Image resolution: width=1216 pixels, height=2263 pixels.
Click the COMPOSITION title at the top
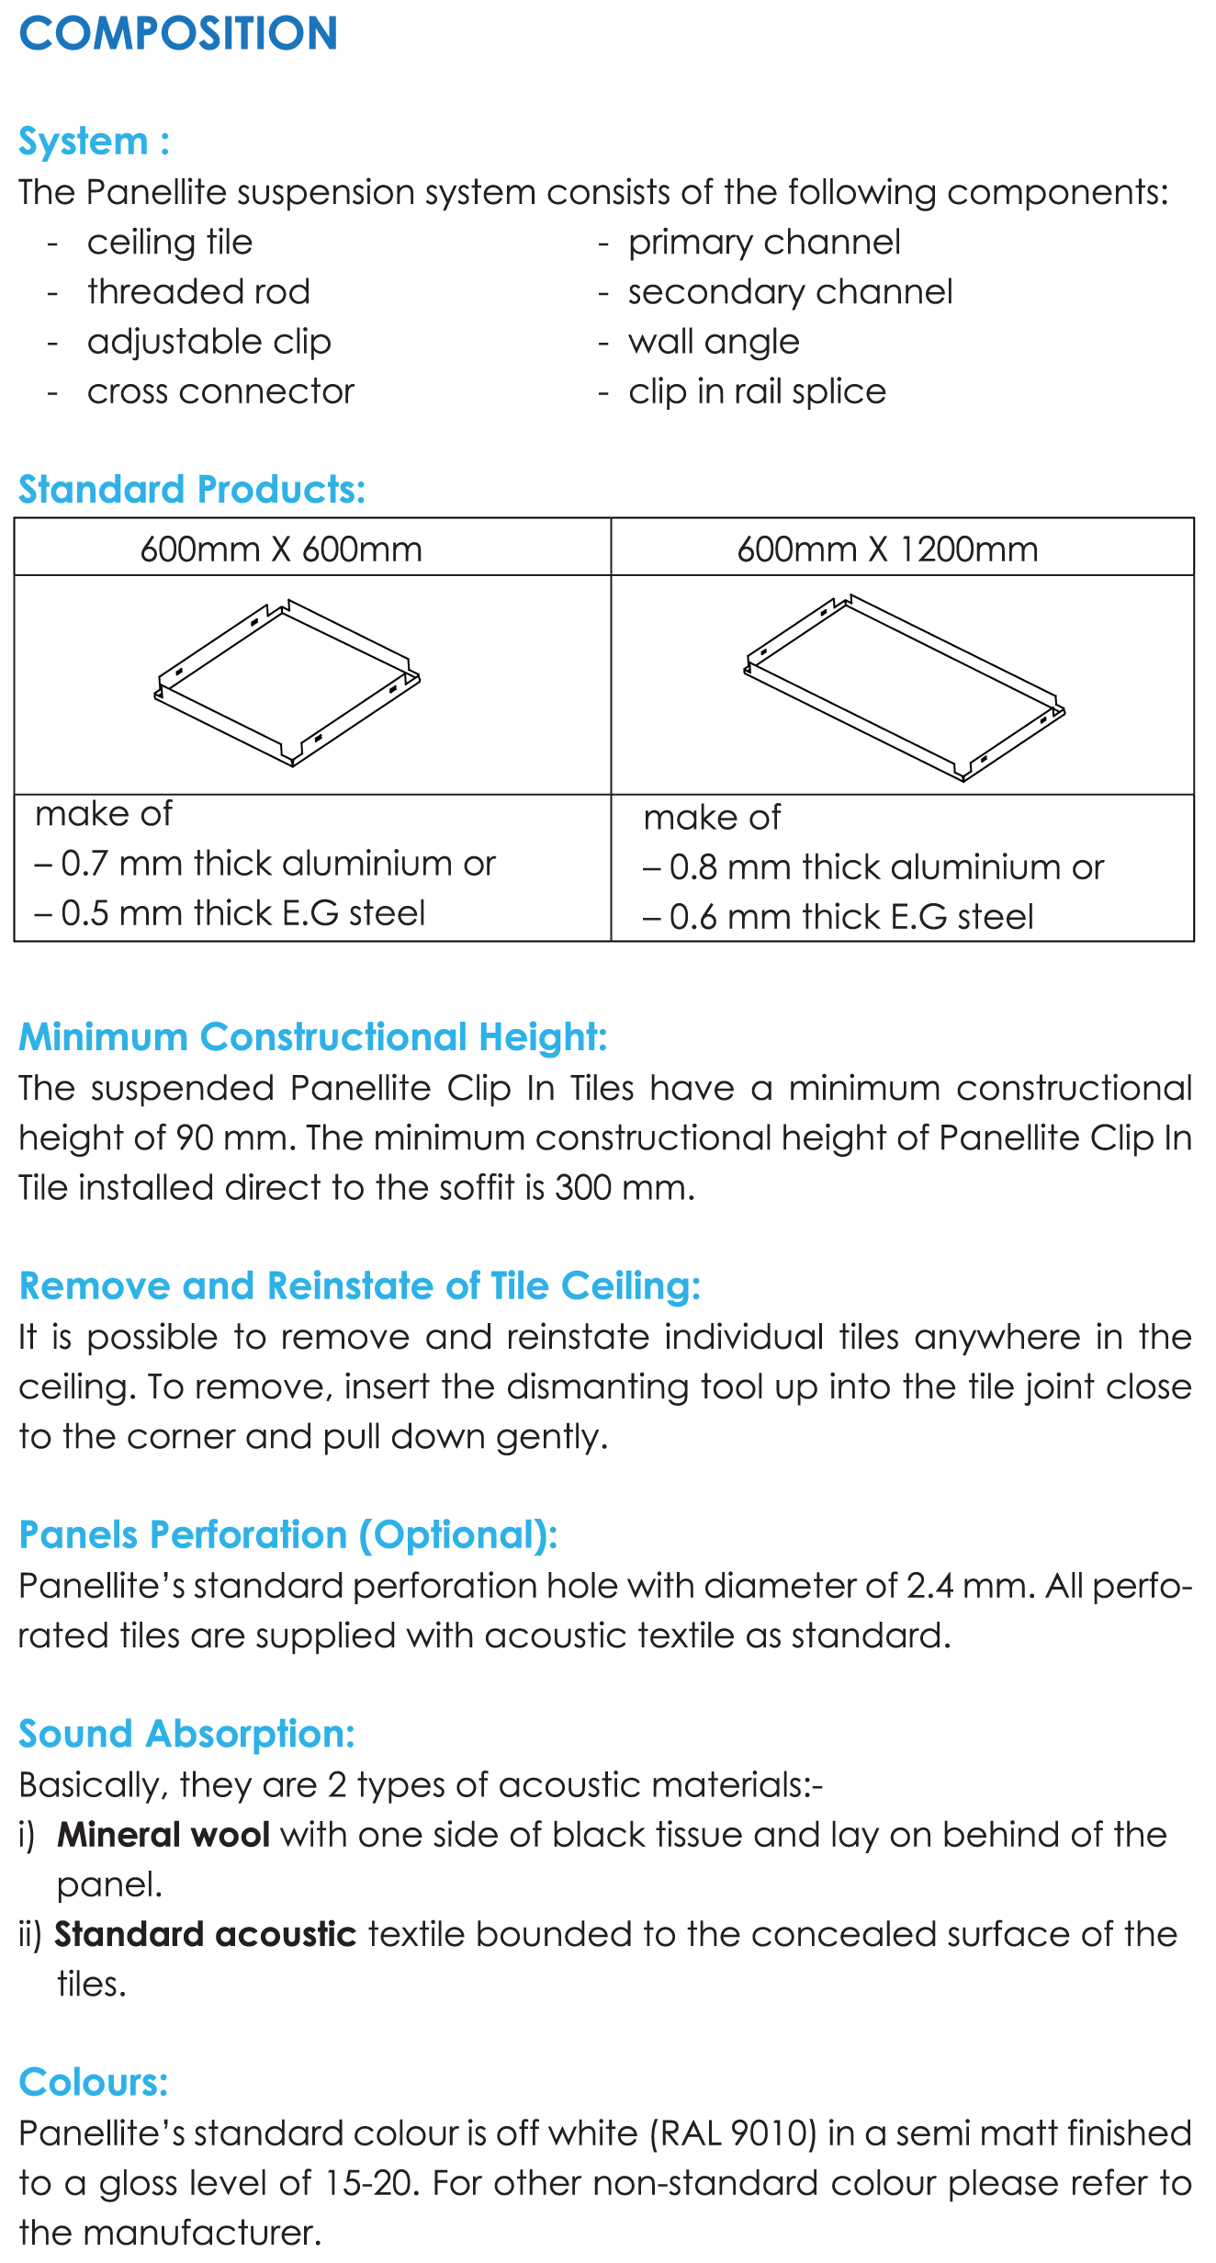[178, 34]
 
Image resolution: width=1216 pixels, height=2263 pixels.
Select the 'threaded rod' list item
[198, 292]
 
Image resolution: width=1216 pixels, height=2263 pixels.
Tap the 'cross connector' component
[220, 391]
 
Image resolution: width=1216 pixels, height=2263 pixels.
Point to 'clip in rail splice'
[757, 391]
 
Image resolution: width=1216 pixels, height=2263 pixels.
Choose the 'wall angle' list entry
[714, 342]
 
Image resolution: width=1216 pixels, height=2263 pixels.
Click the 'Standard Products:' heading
[192, 490]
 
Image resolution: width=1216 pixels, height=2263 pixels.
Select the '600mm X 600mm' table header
[281, 549]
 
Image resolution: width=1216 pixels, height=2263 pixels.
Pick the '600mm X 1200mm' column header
[887, 549]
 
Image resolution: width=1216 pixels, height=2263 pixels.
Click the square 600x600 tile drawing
[287, 683]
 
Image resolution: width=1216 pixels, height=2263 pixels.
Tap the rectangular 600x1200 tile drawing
[904, 687]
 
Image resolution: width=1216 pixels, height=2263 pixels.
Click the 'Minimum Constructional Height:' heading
[313, 1037]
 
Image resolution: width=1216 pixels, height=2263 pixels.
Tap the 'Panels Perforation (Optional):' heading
[288, 1535]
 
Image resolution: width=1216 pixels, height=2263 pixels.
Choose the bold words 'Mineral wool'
[163, 1835]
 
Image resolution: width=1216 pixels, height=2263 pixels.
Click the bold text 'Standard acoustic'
[206, 1934]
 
